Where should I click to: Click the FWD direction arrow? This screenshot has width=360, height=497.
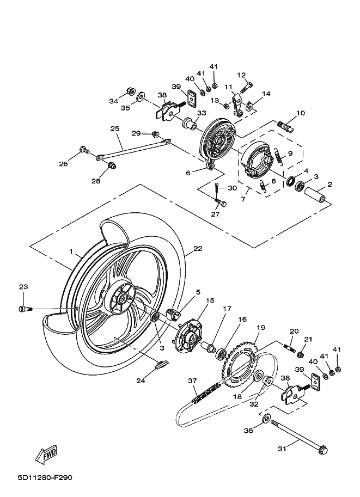click(x=47, y=453)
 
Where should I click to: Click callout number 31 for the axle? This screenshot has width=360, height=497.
click(x=282, y=449)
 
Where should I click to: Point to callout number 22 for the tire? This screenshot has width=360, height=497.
click(x=197, y=248)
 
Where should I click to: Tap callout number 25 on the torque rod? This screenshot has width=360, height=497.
click(x=114, y=129)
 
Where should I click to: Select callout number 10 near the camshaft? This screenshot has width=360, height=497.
click(x=300, y=113)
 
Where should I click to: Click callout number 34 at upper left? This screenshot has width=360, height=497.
click(x=113, y=101)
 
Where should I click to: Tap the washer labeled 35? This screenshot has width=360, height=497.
click(x=141, y=97)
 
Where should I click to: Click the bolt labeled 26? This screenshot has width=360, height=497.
click(x=84, y=149)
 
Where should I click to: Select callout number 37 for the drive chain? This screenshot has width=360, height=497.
click(x=192, y=381)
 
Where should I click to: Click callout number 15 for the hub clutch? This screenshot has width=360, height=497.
click(x=210, y=300)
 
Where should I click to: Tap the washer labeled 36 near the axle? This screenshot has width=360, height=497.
click(x=266, y=419)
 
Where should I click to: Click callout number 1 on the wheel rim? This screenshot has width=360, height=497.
click(x=70, y=251)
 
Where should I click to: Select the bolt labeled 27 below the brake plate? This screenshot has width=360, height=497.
click(x=221, y=203)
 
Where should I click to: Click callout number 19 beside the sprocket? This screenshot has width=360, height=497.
click(x=261, y=328)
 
